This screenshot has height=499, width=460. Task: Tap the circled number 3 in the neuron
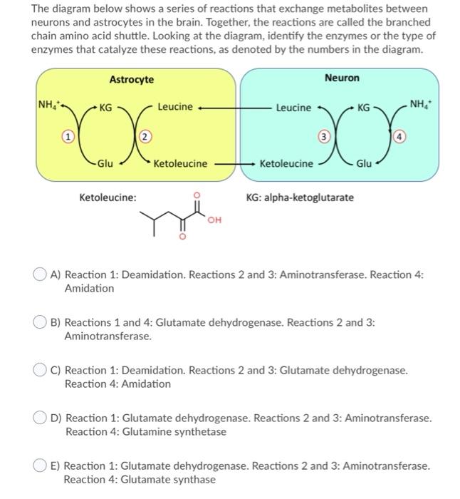point(323,135)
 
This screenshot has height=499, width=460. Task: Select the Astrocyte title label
point(132,79)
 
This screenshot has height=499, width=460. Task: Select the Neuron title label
point(342,78)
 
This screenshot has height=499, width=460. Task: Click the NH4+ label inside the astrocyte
point(49,107)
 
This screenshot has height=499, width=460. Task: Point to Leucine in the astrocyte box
point(174,107)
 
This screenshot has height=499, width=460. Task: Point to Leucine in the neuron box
point(293,108)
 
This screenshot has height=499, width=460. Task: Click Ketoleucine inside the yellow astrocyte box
point(181,163)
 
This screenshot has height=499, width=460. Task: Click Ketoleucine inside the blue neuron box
point(286,163)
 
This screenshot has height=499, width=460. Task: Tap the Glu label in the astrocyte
point(105,163)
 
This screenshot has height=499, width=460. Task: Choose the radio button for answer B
point(42,322)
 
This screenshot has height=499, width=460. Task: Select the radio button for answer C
point(42,371)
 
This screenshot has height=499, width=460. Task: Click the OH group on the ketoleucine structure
point(212,220)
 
